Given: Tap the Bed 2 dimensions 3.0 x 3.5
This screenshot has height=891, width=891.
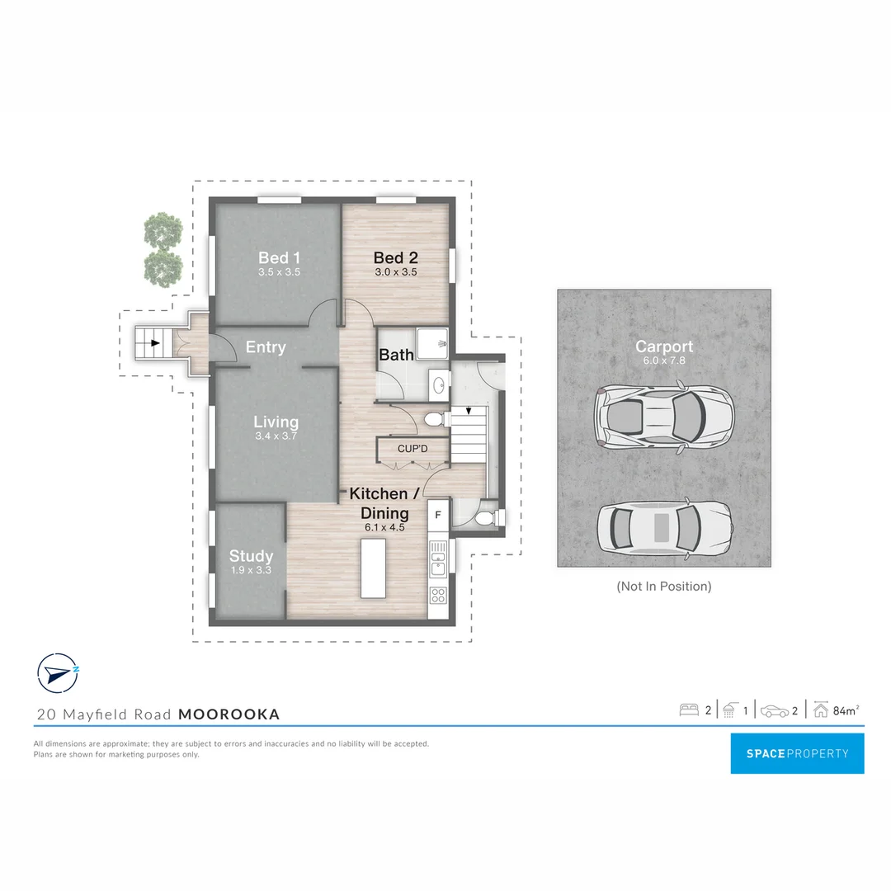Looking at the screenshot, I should point(395,271).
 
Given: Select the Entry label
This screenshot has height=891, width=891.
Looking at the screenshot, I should point(266,347).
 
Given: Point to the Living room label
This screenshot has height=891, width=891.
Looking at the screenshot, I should point(276,422).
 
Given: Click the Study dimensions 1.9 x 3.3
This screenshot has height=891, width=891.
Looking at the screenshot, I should point(251,569).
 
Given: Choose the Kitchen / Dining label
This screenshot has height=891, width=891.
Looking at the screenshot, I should point(384,502).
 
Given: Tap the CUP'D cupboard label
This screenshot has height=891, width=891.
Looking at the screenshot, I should point(412,449).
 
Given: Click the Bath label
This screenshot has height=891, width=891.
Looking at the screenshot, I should point(396,355).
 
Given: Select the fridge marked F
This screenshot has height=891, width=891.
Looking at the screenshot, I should point(438,515).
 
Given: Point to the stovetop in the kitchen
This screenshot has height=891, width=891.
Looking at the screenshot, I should point(439,595).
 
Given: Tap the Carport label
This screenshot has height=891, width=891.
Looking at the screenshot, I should point(664,346).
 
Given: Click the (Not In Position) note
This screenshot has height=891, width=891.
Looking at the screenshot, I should point(663,587).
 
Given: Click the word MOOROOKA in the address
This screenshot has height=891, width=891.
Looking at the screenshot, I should point(229,714).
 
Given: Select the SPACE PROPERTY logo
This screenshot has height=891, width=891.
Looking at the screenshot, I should point(797,753).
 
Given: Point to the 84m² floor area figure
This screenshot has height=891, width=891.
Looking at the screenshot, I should point(846,710).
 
